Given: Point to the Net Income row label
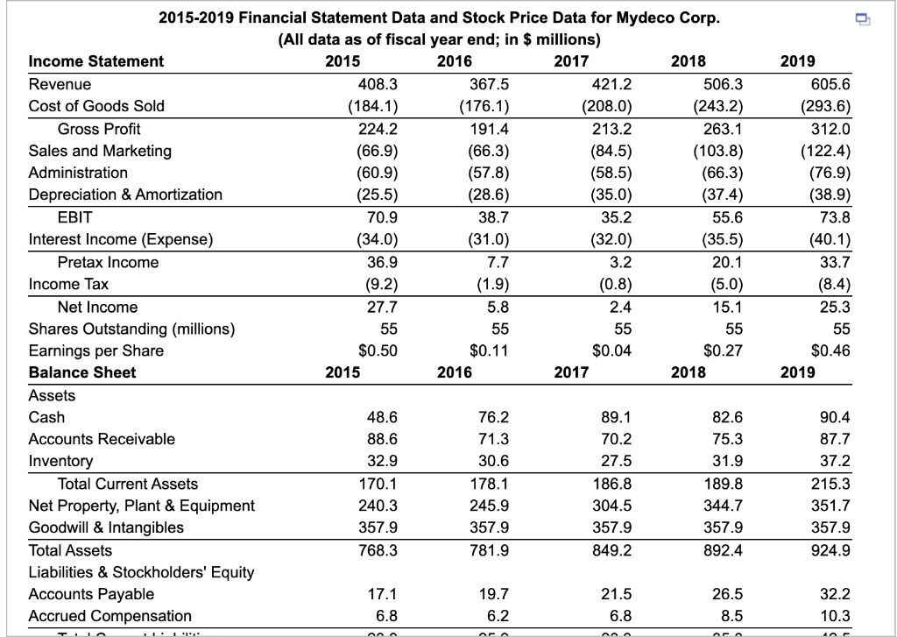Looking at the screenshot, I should (x=97, y=307).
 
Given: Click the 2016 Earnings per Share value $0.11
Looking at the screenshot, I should (x=490, y=350).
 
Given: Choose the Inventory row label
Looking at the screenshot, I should (x=60, y=461).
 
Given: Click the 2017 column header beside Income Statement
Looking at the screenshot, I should (x=572, y=61).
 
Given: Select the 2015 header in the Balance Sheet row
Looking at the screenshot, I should (x=342, y=372).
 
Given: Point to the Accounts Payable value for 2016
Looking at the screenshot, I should (x=493, y=595).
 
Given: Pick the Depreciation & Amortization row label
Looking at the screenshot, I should (x=125, y=195).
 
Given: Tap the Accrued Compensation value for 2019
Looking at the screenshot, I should (x=836, y=616).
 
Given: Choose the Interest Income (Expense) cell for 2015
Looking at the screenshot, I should (x=378, y=239).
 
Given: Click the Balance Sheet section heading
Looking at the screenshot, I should (x=82, y=372).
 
